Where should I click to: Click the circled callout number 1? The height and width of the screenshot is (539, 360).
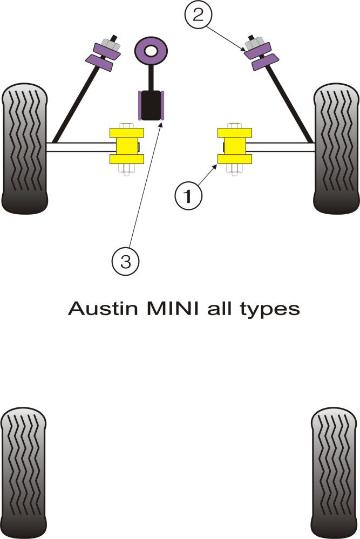click(x=188, y=197)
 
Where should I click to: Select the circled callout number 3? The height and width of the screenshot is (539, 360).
click(x=125, y=262)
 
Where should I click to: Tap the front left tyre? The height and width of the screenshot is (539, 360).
click(x=25, y=148)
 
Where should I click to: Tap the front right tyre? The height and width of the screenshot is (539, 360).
click(x=336, y=148)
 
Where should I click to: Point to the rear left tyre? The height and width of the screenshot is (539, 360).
click(x=23, y=473)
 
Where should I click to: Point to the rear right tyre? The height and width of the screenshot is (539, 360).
click(x=335, y=473)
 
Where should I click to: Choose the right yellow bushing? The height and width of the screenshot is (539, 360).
click(x=234, y=146)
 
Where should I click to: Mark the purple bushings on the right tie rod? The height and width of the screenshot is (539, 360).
click(x=261, y=56)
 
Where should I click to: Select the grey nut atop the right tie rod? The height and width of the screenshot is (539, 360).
click(x=253, y=43)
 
